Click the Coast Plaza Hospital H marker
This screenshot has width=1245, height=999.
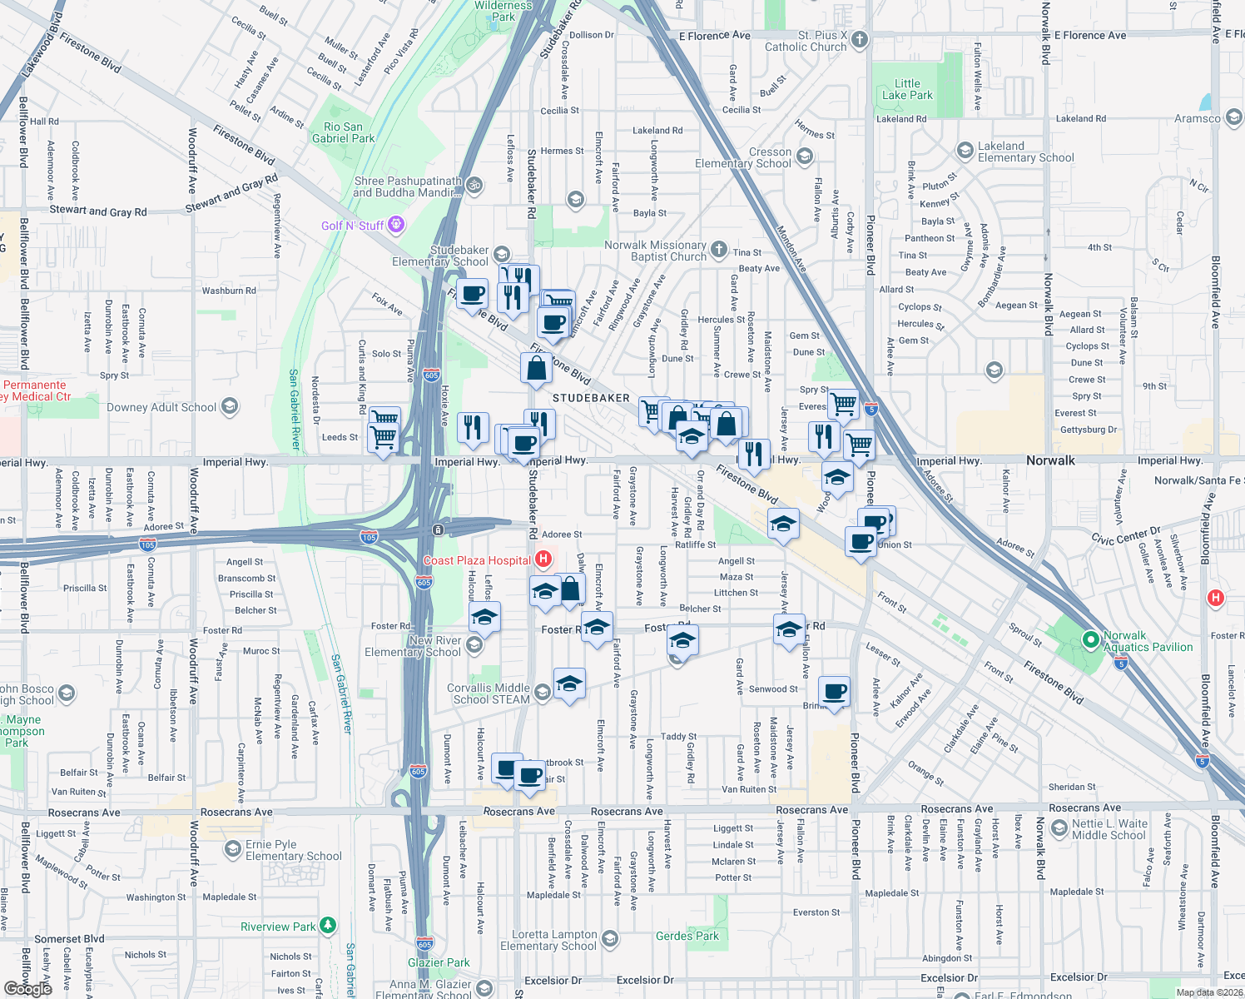(543, 559)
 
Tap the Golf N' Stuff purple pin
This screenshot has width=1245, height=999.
(396, 224)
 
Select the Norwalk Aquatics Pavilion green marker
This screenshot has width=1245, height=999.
(1090, 639)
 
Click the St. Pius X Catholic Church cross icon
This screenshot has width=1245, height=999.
(860, 39)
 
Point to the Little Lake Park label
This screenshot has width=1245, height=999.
(907, 89)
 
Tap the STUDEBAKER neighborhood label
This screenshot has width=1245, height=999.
(591, 398)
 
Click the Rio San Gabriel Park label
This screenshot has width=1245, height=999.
(343, 132)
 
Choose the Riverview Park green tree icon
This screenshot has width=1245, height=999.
(329, 925)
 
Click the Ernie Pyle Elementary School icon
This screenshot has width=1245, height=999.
(233, 849)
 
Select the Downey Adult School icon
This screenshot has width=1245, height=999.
(231, 407)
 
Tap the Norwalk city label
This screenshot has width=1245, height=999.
(1050, 460)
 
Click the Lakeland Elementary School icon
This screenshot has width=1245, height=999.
(965, 151)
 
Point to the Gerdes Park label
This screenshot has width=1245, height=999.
(687, 936)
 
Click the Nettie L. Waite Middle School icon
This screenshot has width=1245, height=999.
(1059, 828)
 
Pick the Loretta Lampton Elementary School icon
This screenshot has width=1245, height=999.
(610, 940)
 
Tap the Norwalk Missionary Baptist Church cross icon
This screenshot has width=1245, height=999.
(719, 248)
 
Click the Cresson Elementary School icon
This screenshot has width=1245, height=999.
(804, 157)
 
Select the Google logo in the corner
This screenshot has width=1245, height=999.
(27, 988)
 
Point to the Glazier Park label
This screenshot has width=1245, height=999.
(439, 962)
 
